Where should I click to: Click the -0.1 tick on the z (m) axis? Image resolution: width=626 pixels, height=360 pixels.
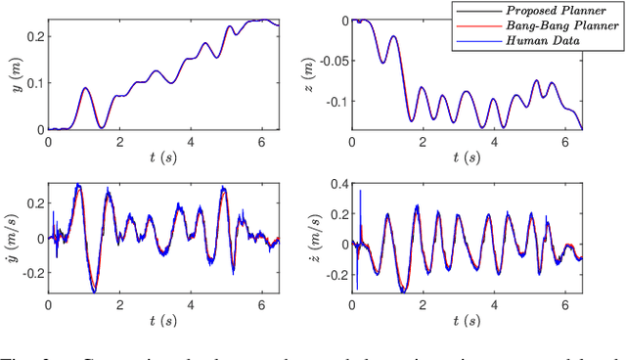340,101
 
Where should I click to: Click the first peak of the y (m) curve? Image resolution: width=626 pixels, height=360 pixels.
85,88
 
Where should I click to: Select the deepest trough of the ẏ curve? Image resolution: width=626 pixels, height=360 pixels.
94,291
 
